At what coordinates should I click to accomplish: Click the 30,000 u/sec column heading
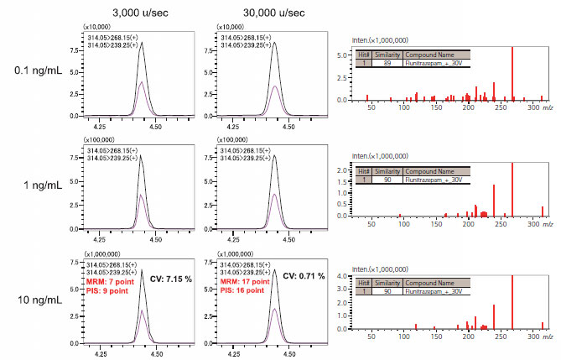point(249,13)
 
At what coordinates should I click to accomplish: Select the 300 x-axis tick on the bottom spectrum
point(532,337)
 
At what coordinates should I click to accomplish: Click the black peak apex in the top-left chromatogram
point(142,44)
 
